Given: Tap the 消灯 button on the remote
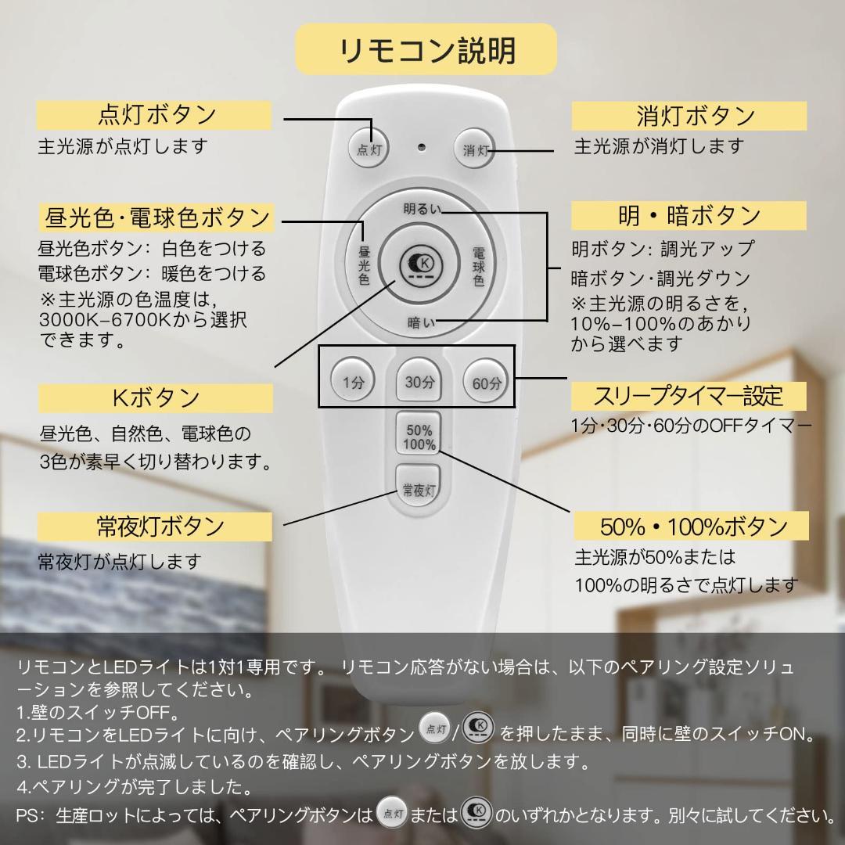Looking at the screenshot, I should [475, 148].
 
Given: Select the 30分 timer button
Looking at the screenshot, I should [419, 382].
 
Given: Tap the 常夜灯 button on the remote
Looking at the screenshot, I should [419, 491].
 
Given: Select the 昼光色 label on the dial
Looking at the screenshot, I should [364, 266].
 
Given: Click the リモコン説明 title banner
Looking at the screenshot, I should [426, 49].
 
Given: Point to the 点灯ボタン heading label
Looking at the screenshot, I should [154, 115].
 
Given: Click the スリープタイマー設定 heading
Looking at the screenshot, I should [689, 396].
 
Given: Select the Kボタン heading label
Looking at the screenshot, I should [156, 398].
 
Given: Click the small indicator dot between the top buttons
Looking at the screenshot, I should [422, 146].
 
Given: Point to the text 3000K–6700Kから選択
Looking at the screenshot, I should [142, 320].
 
